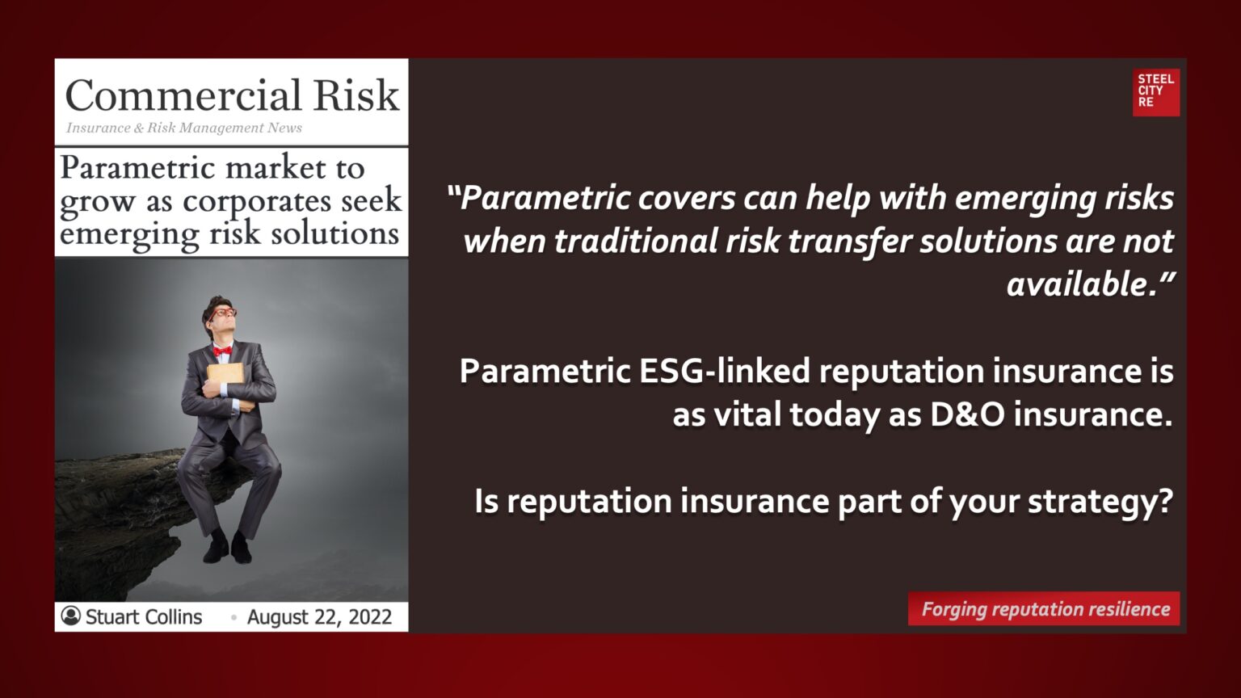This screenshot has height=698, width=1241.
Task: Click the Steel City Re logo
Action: [1155, 91]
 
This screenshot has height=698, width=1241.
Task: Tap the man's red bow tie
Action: [222, 351]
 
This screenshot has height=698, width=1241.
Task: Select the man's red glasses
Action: [222, 313]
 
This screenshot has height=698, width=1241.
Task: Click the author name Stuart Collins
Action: [144, 617]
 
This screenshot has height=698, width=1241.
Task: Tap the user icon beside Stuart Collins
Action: [71, 616]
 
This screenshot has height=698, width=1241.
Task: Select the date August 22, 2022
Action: [319, 617]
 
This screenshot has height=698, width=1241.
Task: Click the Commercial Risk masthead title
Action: [232, 95]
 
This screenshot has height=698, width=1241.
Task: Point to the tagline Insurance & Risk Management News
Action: [184, 128]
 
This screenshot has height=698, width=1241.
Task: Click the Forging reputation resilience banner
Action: [1045, 609]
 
